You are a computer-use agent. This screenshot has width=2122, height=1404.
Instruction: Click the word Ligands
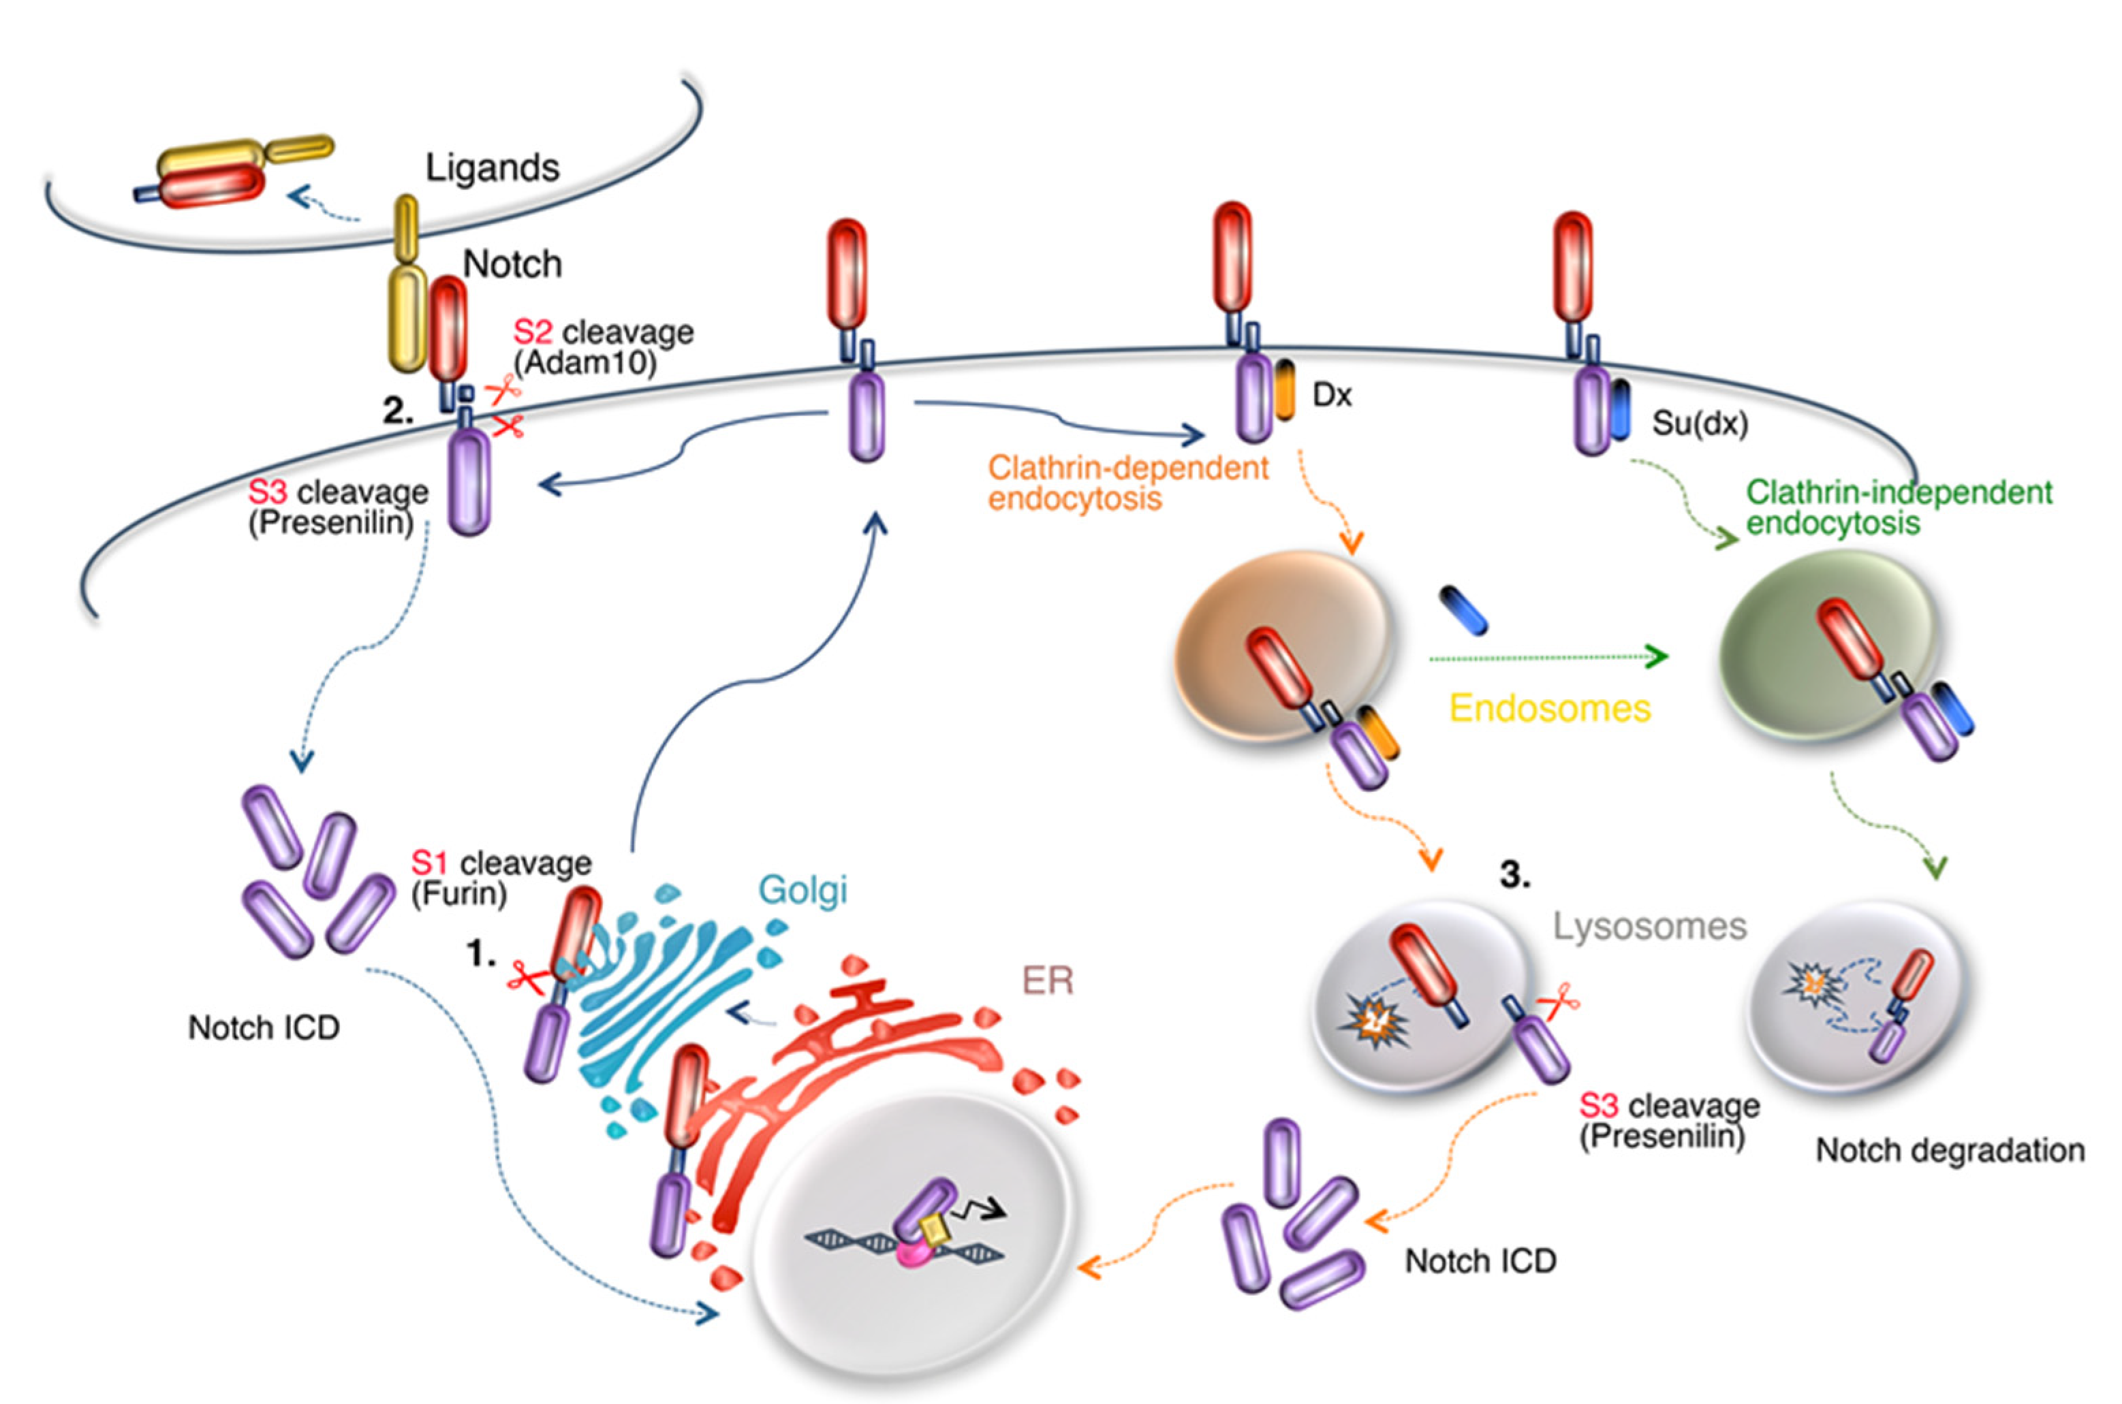492,168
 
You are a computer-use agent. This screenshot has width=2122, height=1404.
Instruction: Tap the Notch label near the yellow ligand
512,264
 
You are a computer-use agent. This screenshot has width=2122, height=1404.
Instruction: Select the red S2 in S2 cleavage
532,332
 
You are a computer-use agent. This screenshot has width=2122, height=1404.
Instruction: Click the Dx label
1331,395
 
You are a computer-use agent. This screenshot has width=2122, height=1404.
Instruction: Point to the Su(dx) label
1699,423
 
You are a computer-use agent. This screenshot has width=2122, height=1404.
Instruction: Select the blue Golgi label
802,891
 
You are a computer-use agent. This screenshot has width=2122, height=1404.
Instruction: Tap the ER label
1047,981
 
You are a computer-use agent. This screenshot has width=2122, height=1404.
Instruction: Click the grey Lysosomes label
1649,926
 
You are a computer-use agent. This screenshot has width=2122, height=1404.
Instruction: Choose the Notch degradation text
1949,1151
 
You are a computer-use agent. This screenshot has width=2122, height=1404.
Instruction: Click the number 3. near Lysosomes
1514,875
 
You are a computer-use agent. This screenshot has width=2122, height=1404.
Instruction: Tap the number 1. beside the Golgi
481,955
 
